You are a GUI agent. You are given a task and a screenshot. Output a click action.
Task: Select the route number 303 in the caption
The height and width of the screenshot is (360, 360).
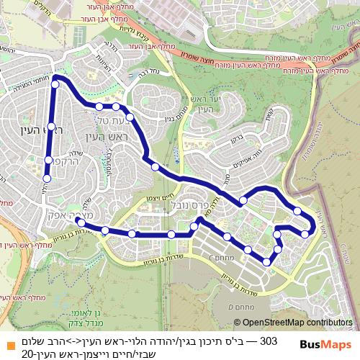267,341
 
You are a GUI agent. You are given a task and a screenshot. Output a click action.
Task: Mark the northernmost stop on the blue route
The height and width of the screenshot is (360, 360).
55,84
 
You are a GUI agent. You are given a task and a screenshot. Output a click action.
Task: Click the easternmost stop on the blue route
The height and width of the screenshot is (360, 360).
306,233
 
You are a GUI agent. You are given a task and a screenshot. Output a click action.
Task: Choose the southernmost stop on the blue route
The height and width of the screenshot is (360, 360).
266,260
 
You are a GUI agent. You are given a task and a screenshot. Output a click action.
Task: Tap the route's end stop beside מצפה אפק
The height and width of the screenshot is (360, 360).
81,222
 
